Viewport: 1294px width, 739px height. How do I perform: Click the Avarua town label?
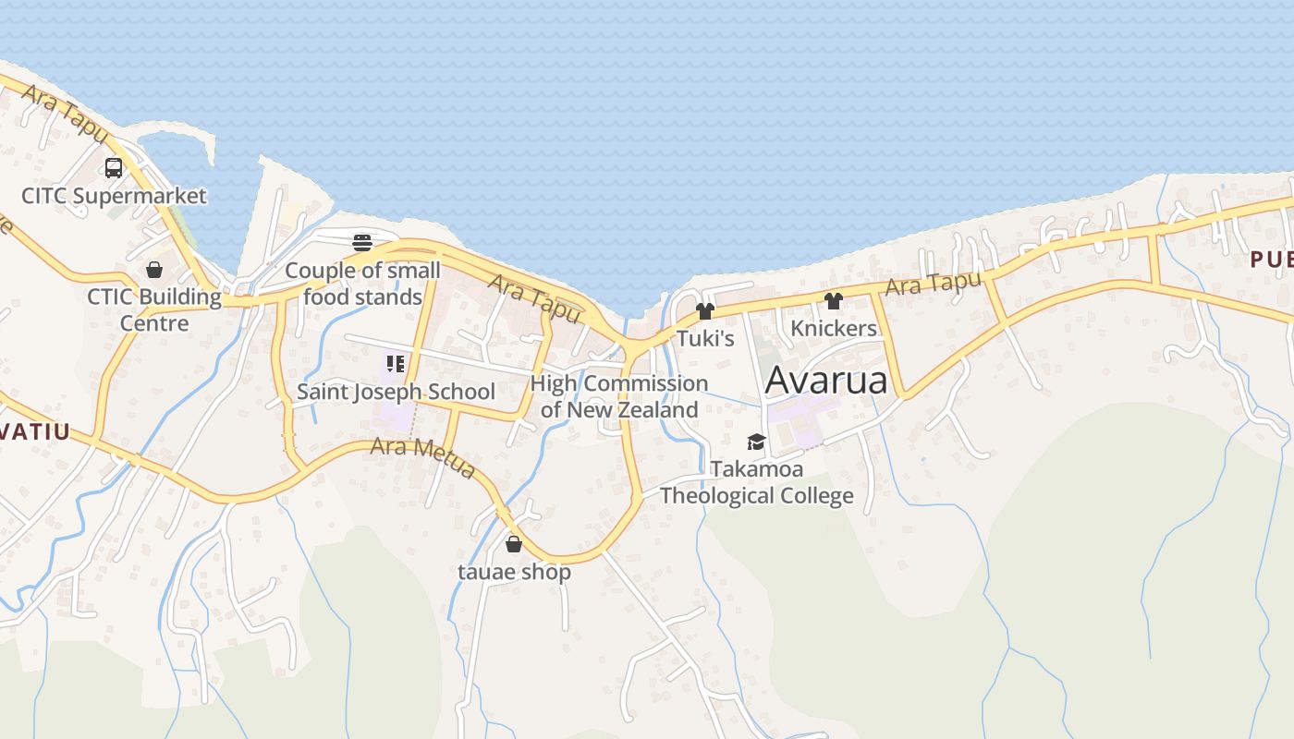[x=826, y=380]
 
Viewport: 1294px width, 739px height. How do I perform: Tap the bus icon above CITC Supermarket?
[x=114, y=168]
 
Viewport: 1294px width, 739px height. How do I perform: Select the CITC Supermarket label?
[x=114, y=196]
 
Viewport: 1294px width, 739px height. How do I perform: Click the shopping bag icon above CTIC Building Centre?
[x=154, y=270]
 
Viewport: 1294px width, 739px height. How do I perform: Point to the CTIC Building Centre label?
[x=154, y=310]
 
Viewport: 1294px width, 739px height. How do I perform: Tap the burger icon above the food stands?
[x=362, y=243]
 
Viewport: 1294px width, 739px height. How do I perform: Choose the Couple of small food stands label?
[x=362, y=284]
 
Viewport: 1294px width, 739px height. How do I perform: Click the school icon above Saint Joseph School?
[x=396, y=364]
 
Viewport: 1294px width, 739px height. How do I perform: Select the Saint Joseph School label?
[x=396, y=392]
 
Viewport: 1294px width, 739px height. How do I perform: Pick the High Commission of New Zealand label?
[x=619, y=396]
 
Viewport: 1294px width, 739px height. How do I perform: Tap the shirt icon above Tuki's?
[x=705, y=311]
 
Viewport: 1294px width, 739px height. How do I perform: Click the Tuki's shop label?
[x=705, y=339]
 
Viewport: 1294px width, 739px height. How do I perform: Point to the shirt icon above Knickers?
[x=834, y=300]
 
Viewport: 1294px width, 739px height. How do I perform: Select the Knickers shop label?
[x=834, y=328]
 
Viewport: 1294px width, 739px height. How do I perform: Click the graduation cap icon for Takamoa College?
[x=757, y=442]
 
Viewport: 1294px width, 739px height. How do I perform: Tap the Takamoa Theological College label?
[x=757, y=482]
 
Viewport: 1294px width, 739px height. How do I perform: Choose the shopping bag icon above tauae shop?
[x=514, y=544]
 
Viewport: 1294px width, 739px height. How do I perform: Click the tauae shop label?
[x=514, y=572]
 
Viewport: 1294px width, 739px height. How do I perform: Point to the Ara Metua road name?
[x=422, y=458]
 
